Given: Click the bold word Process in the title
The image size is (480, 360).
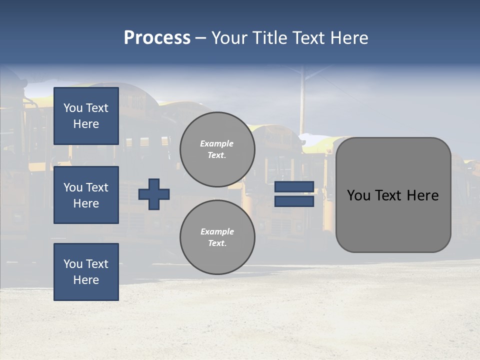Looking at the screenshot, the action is [157, 38].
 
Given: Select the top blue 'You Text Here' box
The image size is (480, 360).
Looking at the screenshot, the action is [86, 116].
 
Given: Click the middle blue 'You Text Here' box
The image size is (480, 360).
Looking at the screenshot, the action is [86, 195].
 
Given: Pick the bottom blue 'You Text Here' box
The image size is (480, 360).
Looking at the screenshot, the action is [86, 271].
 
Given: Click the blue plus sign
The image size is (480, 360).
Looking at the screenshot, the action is [154, 194].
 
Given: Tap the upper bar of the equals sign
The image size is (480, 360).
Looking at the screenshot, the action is [294, 186].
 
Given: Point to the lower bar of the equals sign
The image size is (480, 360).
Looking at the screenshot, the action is [294, 201].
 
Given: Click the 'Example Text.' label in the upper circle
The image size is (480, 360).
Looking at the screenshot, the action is [217, 149].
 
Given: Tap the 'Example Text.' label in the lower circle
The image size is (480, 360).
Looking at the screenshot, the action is [217, 237].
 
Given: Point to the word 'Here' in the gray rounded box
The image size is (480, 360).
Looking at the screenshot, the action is [422, 195].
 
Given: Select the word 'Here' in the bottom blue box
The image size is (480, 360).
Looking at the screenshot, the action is [86, 280].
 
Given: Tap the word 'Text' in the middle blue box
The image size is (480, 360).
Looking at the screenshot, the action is [97, 187].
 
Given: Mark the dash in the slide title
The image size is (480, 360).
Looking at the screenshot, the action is [201, 38].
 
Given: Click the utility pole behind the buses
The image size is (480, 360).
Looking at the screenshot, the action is [302, 100].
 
